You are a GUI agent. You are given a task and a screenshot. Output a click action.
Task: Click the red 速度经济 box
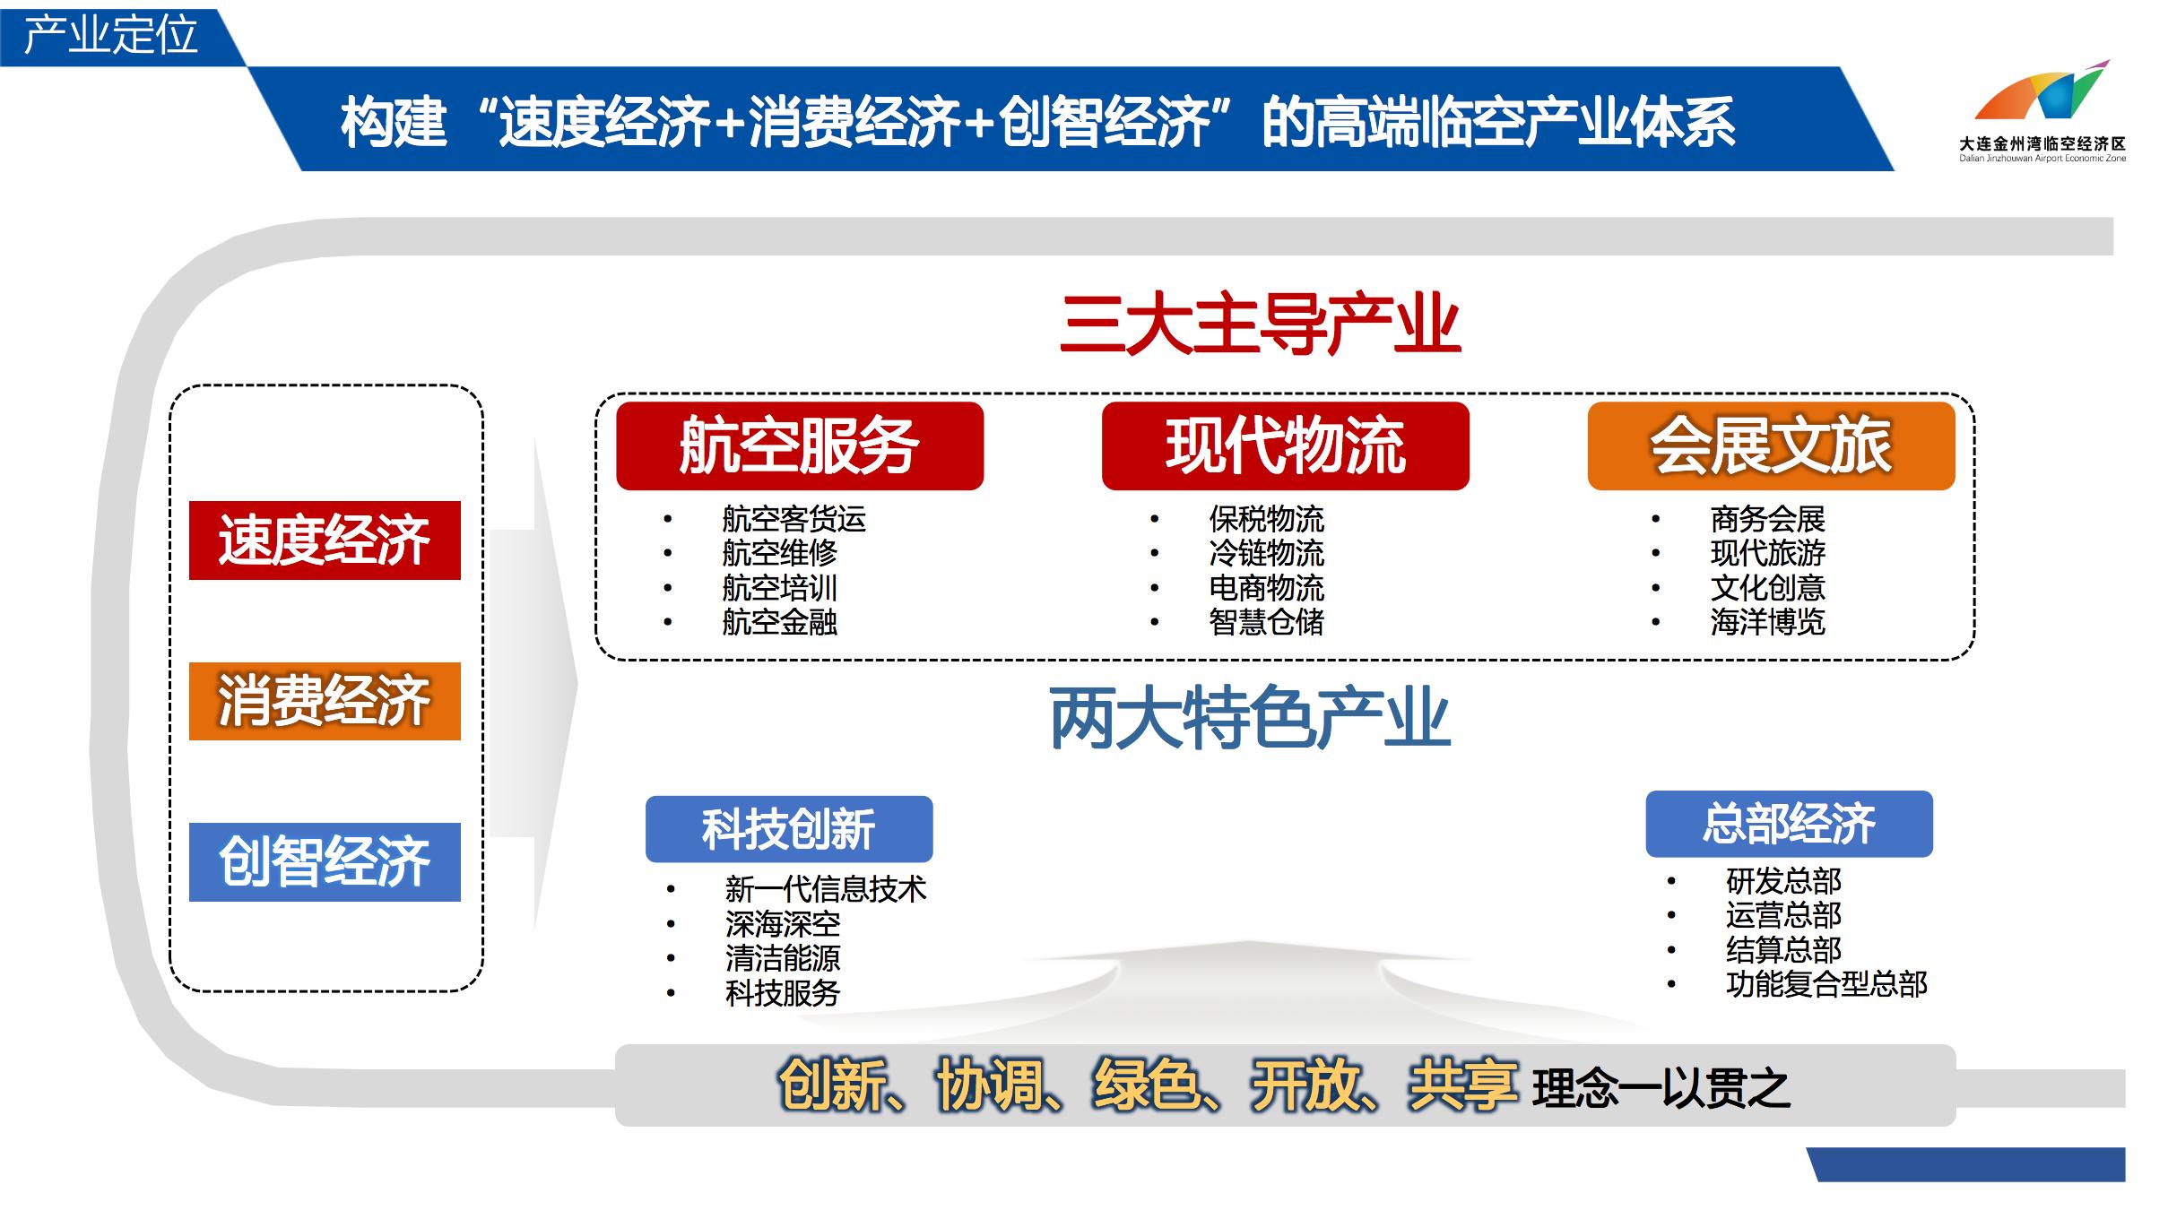[325, 540]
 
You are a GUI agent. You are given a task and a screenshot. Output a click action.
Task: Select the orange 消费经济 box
[325, 701]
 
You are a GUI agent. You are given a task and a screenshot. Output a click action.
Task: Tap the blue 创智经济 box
[325, 861]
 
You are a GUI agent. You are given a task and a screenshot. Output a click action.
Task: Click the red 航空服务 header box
[799, 445]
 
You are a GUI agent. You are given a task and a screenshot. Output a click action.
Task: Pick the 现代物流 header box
[1285, 445]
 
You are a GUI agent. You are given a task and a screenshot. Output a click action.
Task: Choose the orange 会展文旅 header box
[1771, 445]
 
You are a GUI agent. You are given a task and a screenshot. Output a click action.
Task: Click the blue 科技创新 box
[788, 829]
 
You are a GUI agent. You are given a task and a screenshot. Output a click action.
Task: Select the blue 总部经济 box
[1789, 824]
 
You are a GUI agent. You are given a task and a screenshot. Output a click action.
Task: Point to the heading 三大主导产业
[1260, 324]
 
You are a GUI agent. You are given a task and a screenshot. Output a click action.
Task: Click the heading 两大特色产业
[1250, 719]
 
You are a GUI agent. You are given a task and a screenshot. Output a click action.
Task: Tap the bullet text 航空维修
[779, 553]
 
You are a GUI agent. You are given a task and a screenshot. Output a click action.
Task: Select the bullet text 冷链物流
[1266, 553]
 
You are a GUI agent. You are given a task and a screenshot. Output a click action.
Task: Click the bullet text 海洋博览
[1767, 622]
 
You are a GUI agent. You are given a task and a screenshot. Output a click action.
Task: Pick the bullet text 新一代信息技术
[825, 889]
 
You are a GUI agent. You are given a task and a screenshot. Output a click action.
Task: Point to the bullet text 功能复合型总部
[1825, 984]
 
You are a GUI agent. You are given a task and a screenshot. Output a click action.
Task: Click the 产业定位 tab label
[110, 36]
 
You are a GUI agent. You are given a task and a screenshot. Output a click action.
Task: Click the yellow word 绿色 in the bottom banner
[1146, 1085]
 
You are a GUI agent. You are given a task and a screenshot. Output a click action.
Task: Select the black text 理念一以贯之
[1661, 1089]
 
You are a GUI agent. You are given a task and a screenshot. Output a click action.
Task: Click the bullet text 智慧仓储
[1266, 622]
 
